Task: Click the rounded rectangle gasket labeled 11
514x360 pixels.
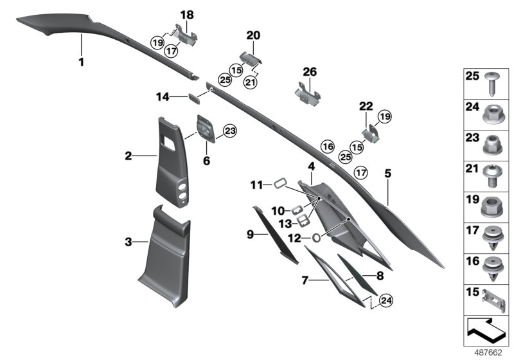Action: click(279, 184)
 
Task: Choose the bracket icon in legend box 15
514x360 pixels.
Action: click(492, 300)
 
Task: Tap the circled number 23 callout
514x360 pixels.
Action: click(229, 132)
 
